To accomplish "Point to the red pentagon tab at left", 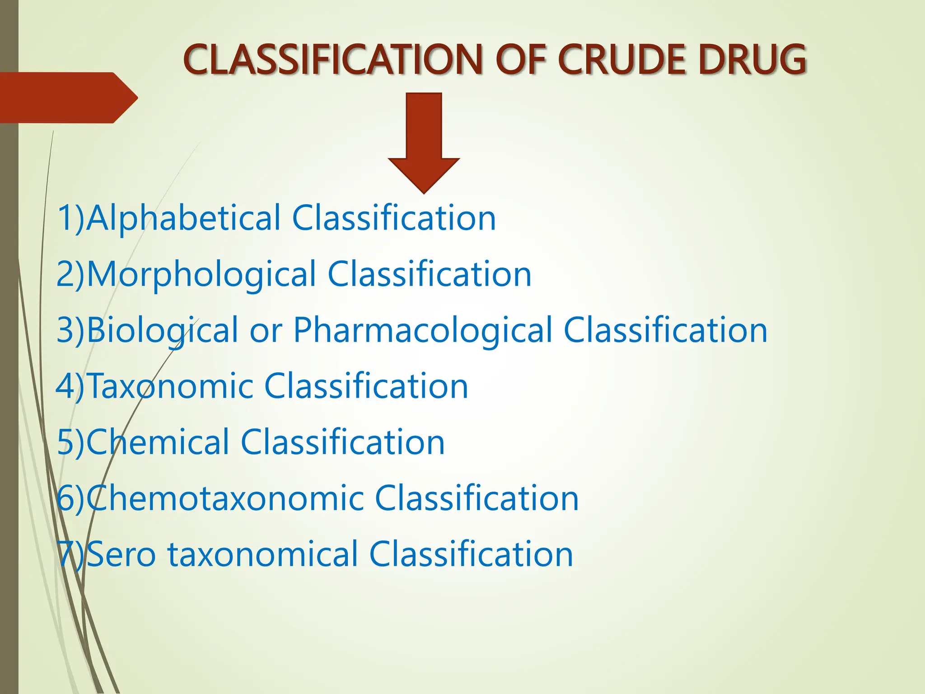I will [68, 98].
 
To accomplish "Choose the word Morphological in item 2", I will [201, 275].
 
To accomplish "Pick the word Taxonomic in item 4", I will [170, 387].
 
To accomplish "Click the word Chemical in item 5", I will [158, 443].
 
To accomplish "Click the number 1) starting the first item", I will [71, 219].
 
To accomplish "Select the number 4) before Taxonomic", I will [70, 387].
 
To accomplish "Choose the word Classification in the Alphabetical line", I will [394, 219].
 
